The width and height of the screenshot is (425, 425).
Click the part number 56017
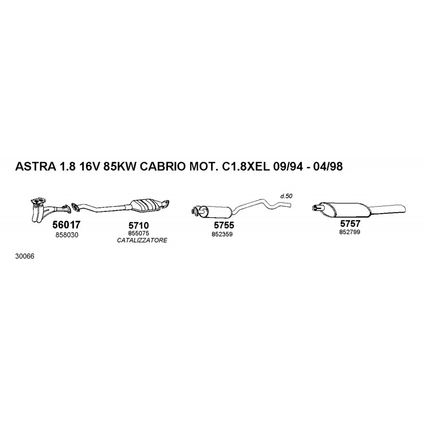tap(66, 225)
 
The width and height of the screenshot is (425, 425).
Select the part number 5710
tap(139, 225)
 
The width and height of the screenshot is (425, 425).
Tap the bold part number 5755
tap(224, 225)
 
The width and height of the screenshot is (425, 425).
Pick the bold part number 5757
tap(350, 224)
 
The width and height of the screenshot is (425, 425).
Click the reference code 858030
tap(67, 235)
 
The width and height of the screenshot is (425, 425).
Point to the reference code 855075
tap(139, 233)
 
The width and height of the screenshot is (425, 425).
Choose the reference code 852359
tap(222, 234)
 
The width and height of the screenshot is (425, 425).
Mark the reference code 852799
tap(350, 232)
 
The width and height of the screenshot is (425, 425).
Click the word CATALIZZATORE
tap(142, 241)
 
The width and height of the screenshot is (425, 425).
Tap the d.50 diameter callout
tap(286, 195)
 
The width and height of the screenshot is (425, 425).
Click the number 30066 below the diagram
tap(24, 257)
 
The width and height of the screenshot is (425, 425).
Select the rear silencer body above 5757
tap(344, 209)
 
